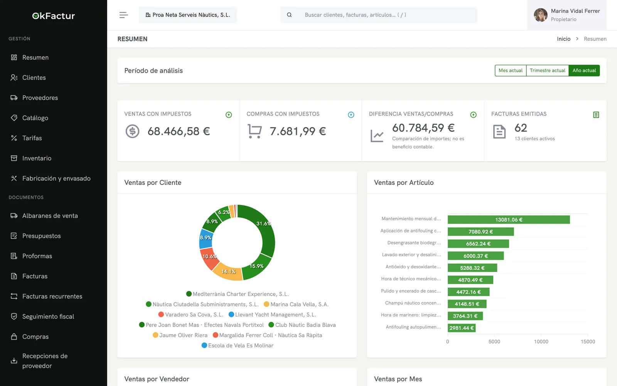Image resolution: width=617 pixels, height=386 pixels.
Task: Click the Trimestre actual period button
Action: click(x=547, y=71)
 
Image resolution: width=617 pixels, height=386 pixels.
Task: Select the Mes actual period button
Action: click(x=511, y=71)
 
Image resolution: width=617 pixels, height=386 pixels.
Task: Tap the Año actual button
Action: click(x=584, y=71)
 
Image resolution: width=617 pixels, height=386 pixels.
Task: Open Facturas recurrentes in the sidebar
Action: click(x=52, y=296)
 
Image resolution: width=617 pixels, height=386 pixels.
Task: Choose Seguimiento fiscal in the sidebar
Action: click(x=48, y=316)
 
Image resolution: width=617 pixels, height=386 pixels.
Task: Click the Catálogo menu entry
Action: click(x=35, y=118)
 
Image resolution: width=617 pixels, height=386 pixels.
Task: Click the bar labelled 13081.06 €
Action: click(x=509, y=220)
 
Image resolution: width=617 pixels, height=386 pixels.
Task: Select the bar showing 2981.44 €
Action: click(x=462, y=328)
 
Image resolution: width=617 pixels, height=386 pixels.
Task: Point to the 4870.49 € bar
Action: click(x=470, y=280)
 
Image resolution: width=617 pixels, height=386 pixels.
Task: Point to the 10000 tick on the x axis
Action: click(x=541, y=342)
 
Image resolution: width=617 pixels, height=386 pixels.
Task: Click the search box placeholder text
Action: click(x=355, y=15)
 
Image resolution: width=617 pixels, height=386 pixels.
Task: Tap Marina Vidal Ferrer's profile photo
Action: click(x=540, y=15)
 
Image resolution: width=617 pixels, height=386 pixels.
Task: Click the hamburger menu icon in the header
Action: click(x=124, y=15)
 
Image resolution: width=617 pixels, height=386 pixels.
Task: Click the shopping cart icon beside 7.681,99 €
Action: click(x=255, y=131)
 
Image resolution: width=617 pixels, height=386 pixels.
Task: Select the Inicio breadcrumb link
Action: click(x=563, y=39)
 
